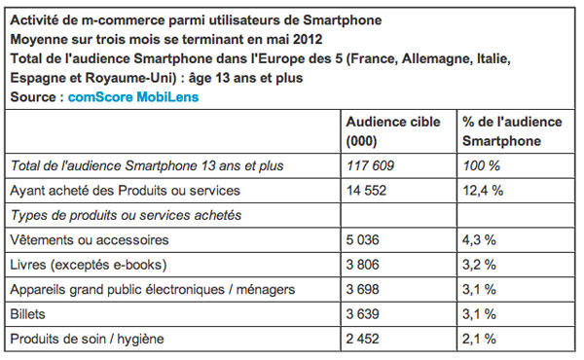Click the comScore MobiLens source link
[131, 97]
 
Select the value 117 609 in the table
[369, 165]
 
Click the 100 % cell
[476, 165]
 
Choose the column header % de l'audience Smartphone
[511, 130]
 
